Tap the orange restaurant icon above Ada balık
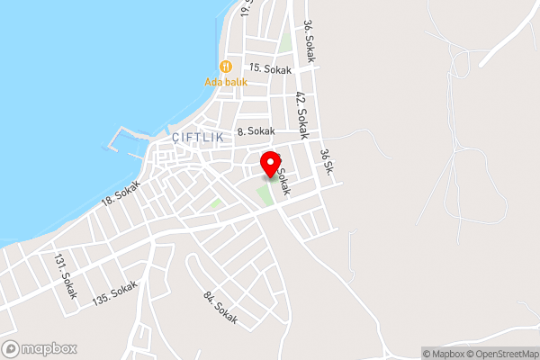click(x=226, y=66)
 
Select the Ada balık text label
click(x=226, y=81)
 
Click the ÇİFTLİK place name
click(x=197, y=138)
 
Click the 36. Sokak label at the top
click(x=310, y=40)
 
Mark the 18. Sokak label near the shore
click(x=121, y=191)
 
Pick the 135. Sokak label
click(x=116, y=293)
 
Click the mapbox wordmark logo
click(x=49, y=348)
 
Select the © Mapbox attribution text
click(x=444, y=353)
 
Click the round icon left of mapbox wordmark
click(x=12, y=348)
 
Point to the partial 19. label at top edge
click(x=247, y=7)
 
